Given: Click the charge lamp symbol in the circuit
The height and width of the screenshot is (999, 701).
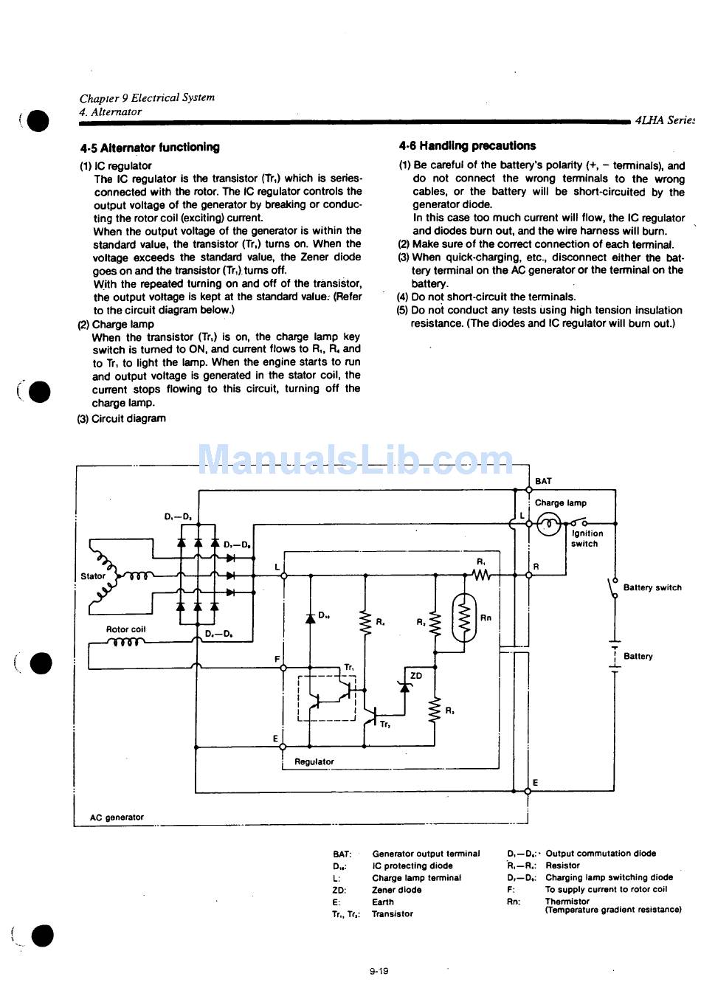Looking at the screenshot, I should click(548, 525).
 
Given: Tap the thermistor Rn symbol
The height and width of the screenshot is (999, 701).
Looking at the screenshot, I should click(465, 617).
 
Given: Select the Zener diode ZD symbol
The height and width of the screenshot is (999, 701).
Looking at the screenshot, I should click(404, 687).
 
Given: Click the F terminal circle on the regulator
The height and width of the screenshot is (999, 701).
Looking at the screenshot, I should click(283, 666).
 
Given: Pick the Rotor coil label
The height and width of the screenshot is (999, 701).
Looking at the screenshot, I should click(125, 629).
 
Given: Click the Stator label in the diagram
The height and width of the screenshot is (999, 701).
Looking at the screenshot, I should click(93, 576).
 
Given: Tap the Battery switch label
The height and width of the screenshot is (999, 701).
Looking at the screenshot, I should click(652, 588).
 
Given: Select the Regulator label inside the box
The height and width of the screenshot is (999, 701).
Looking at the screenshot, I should click(314, 761).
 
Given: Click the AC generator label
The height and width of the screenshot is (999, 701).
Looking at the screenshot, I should click(117, 817).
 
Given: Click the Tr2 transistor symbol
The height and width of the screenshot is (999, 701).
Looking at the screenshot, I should click(373, 713).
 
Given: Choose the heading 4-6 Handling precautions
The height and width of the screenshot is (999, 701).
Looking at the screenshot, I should click(467, 146).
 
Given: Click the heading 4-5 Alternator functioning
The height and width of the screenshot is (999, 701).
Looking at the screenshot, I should click(150, 148).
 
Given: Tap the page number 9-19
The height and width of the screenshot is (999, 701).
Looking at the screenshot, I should click(379, 971).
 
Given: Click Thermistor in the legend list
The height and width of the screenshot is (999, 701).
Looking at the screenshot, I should click(567, 902).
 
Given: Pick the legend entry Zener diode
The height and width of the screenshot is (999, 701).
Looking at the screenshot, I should click(397, 890).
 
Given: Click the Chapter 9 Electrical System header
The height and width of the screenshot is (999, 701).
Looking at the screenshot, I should click(147, 97).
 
